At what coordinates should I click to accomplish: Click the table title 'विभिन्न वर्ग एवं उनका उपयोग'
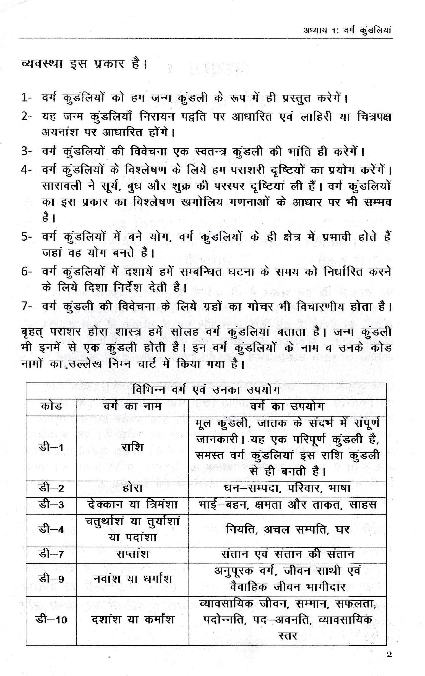coord(206,391)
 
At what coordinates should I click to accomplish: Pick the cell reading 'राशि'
coord(132,448)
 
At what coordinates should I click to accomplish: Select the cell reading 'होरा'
coord(132,488)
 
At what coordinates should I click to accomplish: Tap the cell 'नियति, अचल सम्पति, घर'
coord(287,529)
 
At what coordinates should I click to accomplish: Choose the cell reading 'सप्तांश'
coord(132,555)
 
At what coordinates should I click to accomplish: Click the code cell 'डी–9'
coord(51,579)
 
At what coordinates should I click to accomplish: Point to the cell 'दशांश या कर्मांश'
coord(132,619)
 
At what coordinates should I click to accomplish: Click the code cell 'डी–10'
coord(51,620)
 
